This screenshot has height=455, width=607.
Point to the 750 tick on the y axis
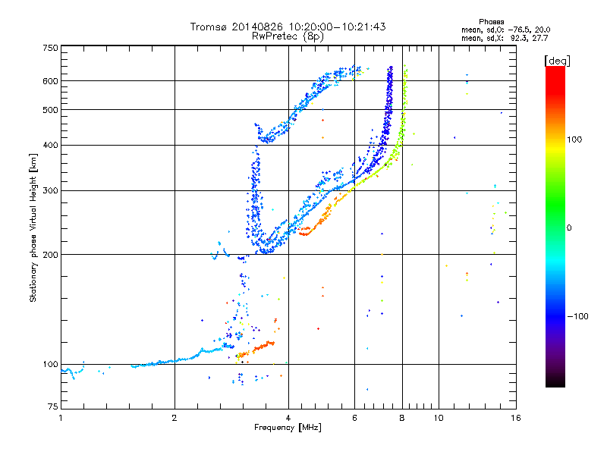(51, 47)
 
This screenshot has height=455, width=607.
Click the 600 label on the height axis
(51, 80)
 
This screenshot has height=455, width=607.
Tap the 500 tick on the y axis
(51, 109)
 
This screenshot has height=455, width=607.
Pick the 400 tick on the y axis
(51, 145)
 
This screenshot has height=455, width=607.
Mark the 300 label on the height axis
(51, 190)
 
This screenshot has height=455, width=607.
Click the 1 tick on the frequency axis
(61, 418)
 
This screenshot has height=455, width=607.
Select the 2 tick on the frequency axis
(175, 418)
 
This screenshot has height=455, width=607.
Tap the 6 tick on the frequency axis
(354, 418)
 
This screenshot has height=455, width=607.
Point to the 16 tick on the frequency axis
(514, 418)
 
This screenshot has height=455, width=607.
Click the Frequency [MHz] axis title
(288, 428)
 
